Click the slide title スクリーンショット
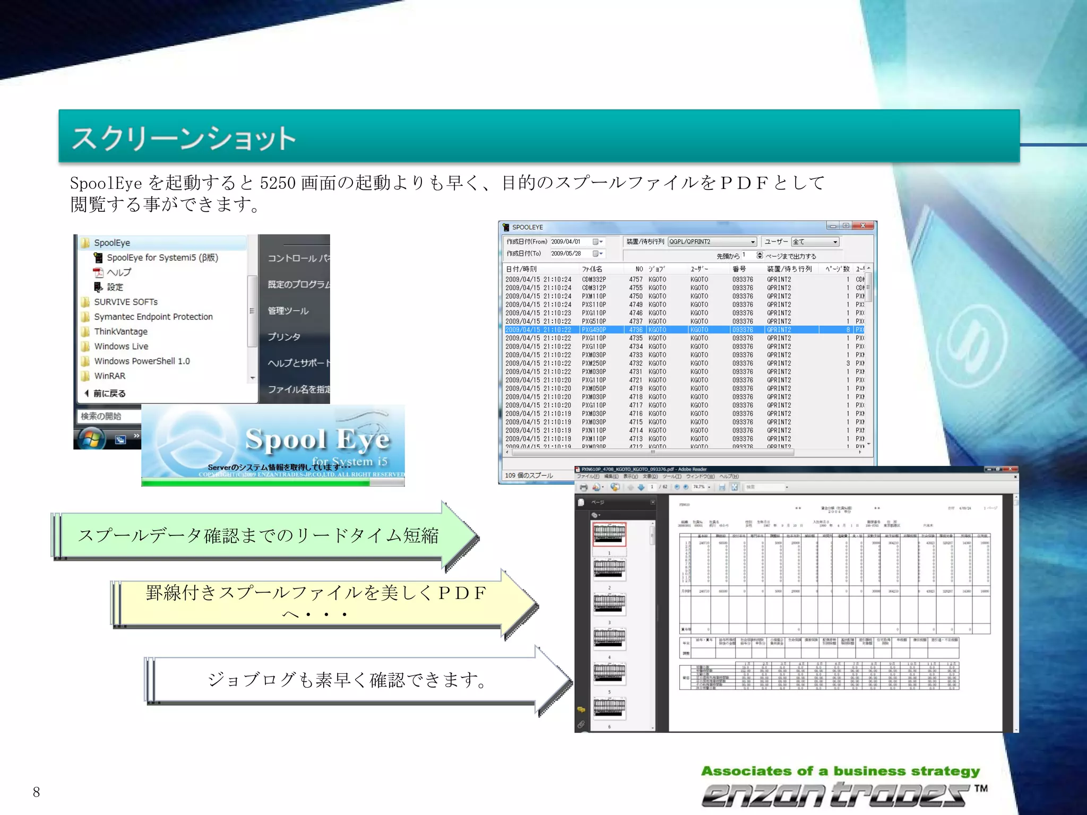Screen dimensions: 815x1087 tap(184, 138)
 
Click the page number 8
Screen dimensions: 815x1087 tap(36, 792)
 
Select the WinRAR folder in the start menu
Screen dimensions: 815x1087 tap(109, 376)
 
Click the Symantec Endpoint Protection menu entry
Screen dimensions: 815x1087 tap(153, 317)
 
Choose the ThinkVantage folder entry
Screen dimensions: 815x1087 tap(120, 332)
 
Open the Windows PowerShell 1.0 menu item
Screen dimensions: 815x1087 tap(142, 361)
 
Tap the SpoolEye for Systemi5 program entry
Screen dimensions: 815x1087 tap(162, 258)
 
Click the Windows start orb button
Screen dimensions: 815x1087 tap(91, 438)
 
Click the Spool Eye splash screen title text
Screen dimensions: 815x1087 tap(317, 439)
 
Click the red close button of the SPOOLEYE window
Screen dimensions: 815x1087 tap(864, 226)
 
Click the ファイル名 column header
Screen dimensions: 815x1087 tap(592, 269)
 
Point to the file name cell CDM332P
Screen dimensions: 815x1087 tap(593, 280)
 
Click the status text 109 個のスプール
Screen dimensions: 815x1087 tap(529, 475)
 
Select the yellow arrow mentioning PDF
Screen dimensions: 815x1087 tap(316, 602)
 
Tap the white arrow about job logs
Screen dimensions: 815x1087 tap(348, 680)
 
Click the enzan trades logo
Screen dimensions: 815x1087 tap(839, 794)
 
